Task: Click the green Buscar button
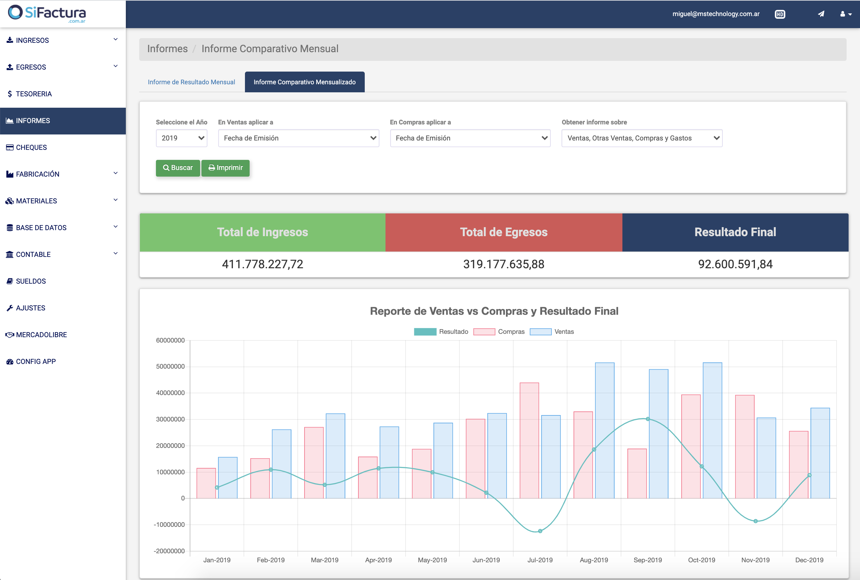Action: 178,168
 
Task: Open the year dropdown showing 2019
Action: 181,138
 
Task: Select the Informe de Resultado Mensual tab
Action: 191,82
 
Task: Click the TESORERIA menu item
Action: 34,94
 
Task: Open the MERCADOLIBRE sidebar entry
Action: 41,335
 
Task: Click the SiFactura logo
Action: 47,13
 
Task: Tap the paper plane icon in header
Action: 821,14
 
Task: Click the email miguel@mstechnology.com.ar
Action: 716,14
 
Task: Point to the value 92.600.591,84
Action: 735,264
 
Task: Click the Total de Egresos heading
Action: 503,232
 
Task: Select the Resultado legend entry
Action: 441,332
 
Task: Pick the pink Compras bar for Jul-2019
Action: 529,440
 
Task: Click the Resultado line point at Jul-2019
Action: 540,531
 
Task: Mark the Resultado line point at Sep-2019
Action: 648,419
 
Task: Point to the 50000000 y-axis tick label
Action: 170,367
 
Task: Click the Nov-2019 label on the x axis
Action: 755,560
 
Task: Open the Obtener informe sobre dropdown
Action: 642,138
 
